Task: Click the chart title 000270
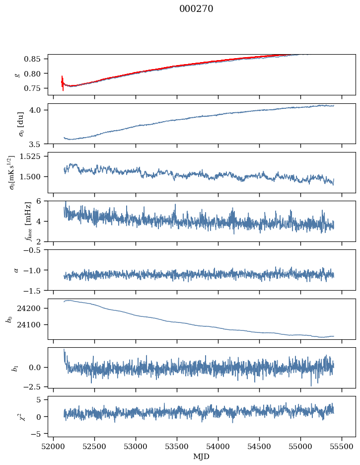196,9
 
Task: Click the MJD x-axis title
201,456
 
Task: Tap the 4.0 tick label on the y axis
39,110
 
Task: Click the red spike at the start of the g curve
63,82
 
